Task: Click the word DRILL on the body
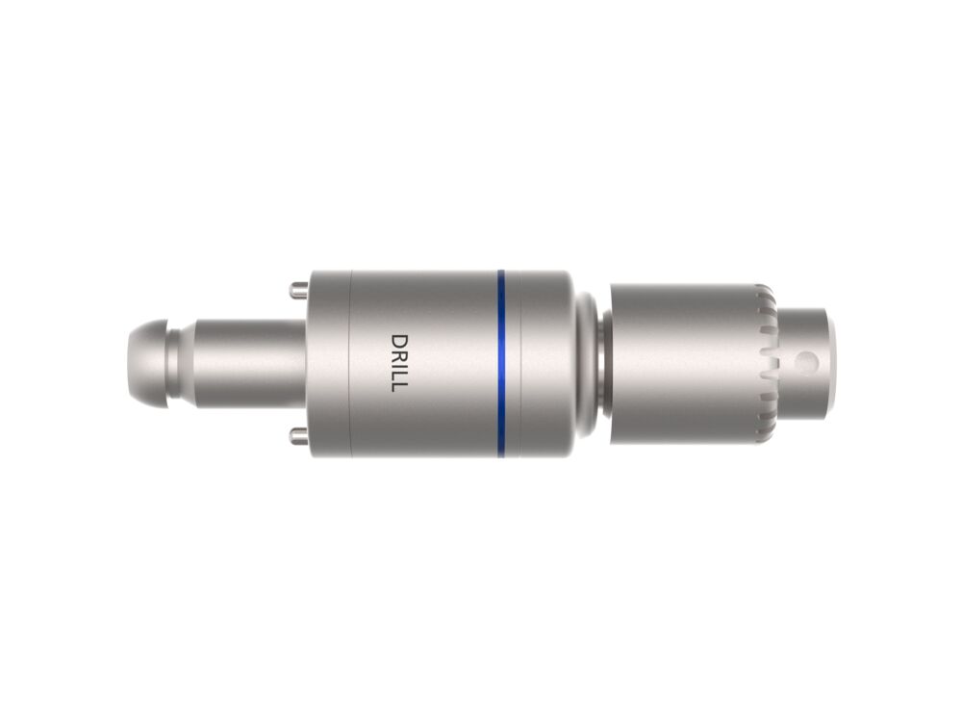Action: click(399, 362)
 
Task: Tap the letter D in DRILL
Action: click(399, 341)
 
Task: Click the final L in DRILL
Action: click(399, 385)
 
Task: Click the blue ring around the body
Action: click(500, 363)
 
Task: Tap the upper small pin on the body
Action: click(298, 288)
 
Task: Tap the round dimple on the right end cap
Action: click(806, 362)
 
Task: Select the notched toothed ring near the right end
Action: click(766, 363)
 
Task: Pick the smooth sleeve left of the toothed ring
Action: click(683, 363)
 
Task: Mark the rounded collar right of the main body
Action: click(585, 363)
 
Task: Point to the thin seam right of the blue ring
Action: click(520, 363)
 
